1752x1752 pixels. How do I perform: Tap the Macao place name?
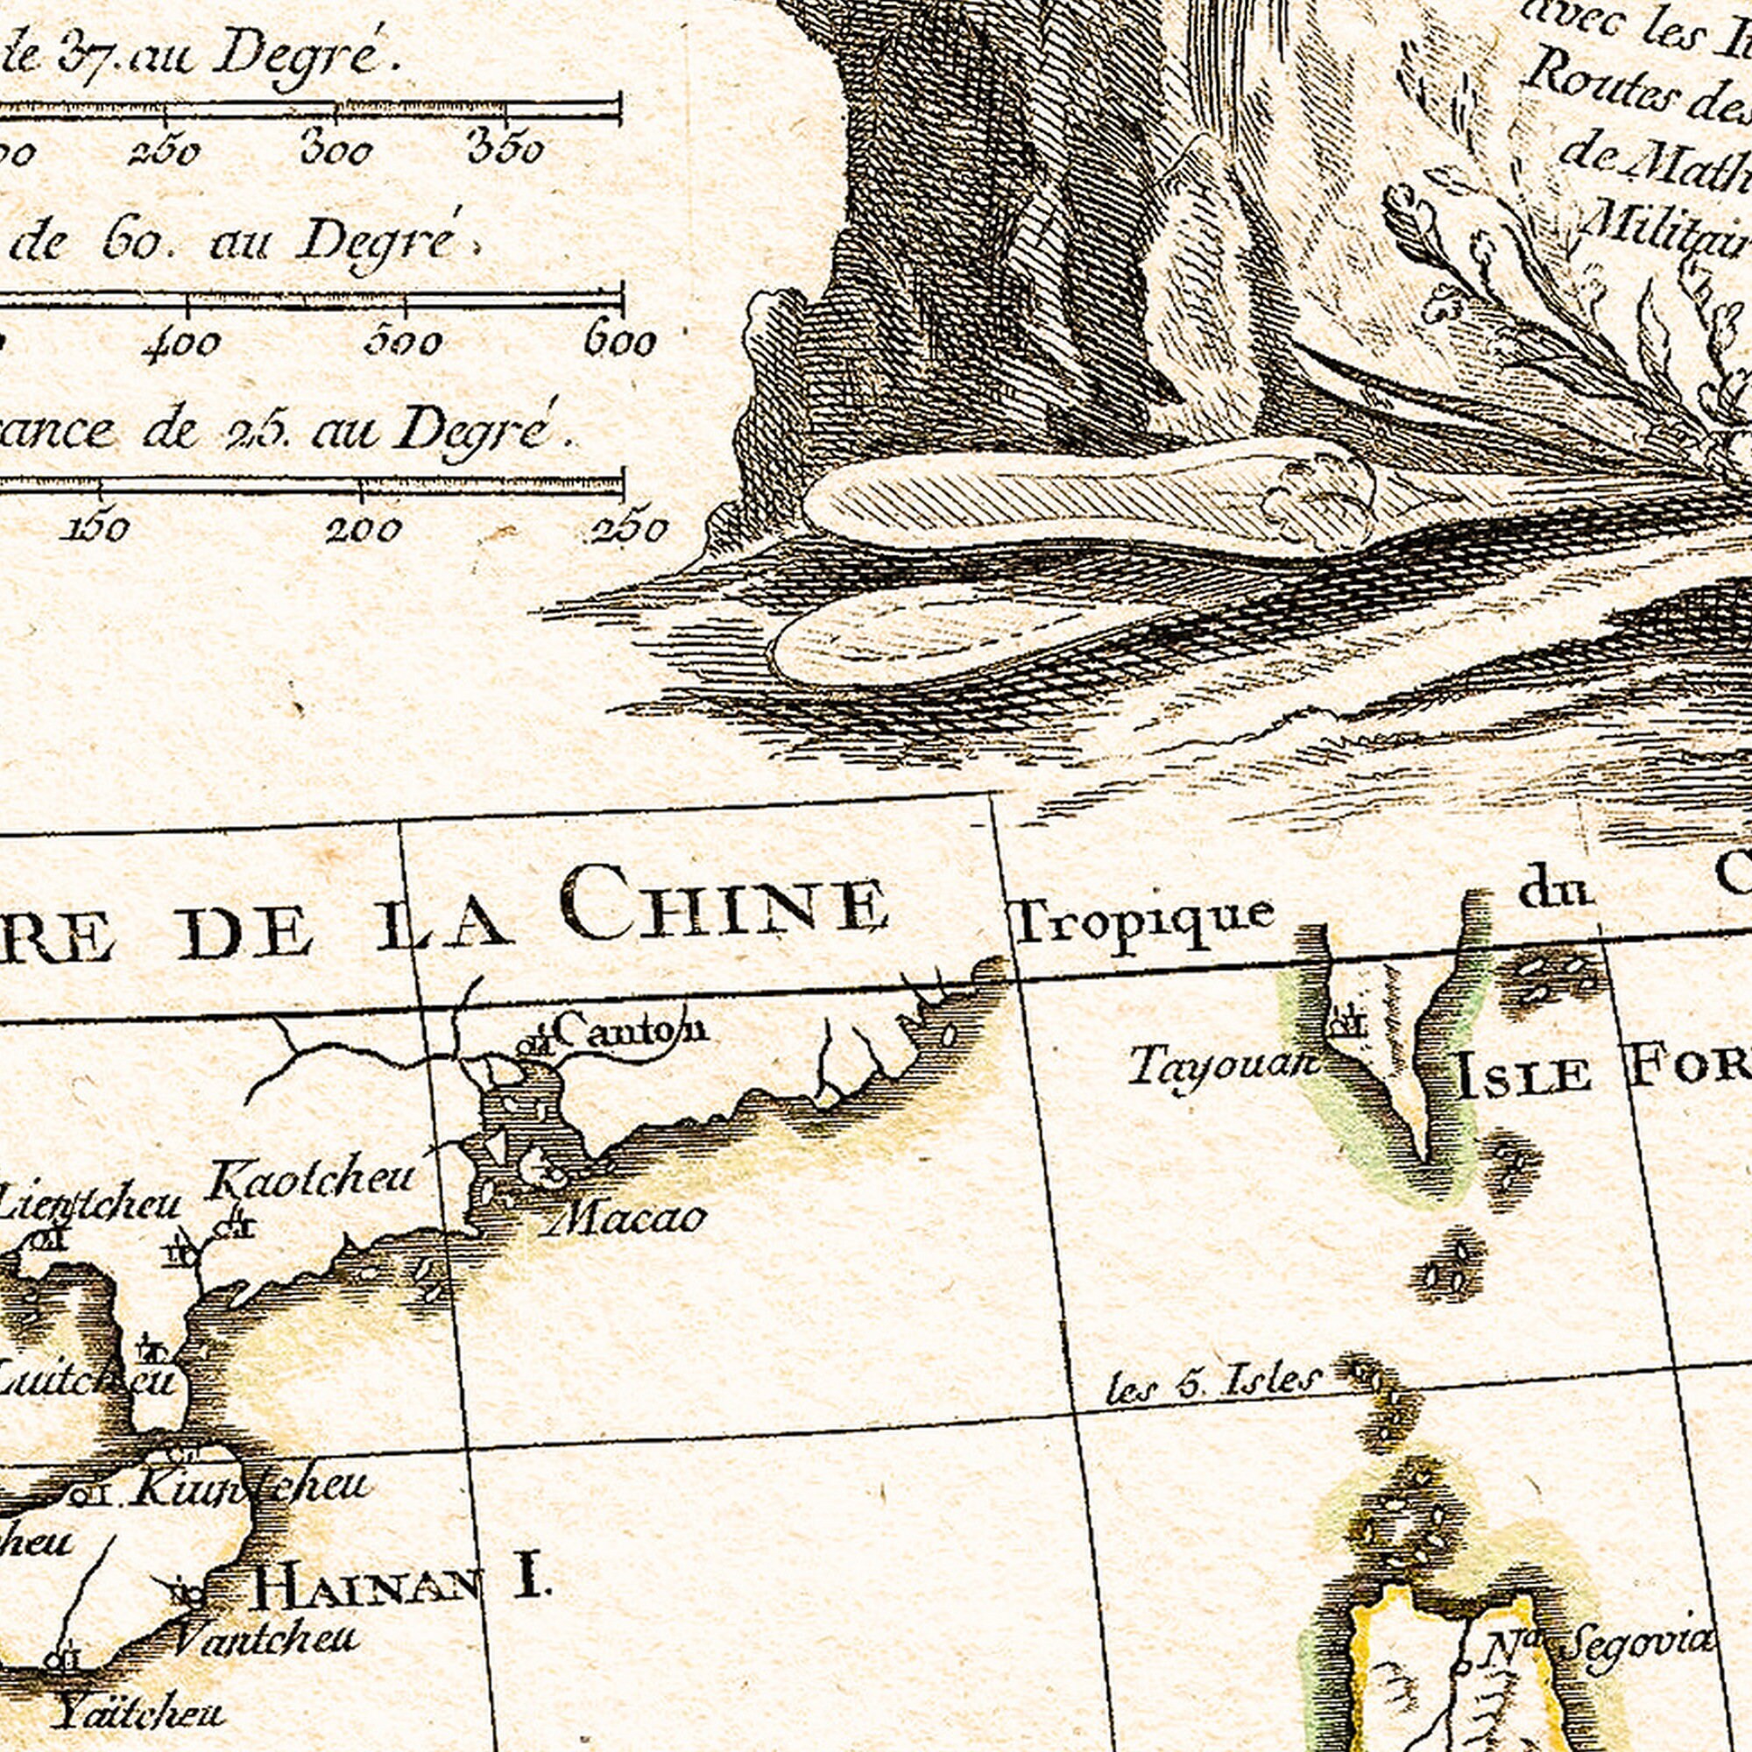626,1219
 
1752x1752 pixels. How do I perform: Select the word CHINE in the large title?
723,902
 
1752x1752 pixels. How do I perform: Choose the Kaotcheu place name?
311,1180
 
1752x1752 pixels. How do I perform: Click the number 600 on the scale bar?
619,343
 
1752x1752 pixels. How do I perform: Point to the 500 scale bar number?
404,342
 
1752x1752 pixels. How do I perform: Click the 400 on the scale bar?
182,343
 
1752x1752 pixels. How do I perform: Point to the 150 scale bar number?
97,527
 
